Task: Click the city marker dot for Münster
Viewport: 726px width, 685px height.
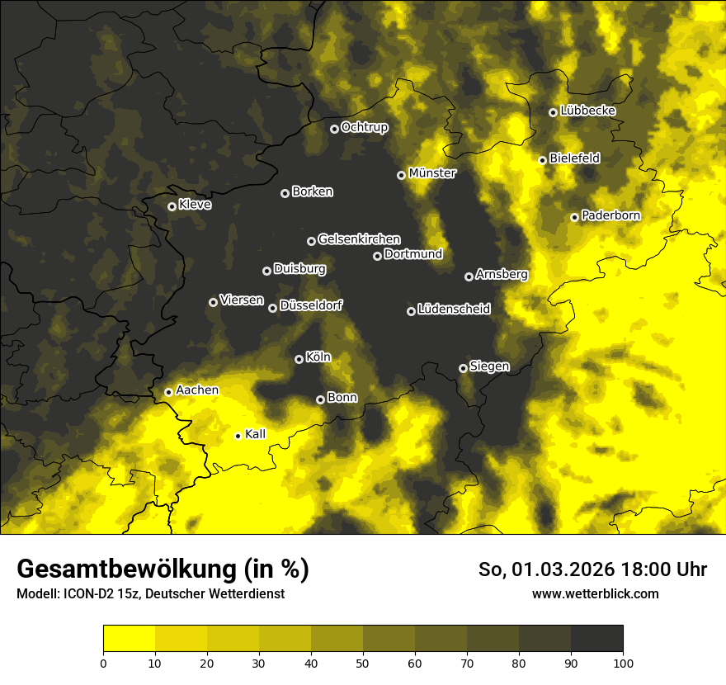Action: pyautogui.click(x=401, y=175)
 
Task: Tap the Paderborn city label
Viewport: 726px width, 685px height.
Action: pyautogui.click(x=610, y=215)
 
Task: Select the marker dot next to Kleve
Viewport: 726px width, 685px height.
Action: pyautogui.click(x=172, y=206)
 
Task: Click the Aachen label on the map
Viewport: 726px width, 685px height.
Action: pyautogui.click(x=197, y=390)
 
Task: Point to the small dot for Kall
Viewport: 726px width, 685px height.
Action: pyautogui.click(x=238, y=436)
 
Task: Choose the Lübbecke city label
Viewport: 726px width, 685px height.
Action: pyautogui.click(x=587, y=111)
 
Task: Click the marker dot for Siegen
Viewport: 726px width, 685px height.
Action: pyautogui.click(x=463, y=368)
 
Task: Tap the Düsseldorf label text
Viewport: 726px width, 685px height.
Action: pyautogui.click(x=311, y=305)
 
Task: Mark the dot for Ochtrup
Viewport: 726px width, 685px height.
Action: pyautogui.click(x=334, y=129)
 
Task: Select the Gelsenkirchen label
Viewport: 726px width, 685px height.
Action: pyautogui.click(x=359, y=239)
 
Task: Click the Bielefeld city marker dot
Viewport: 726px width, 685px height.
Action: pyautogui.click(x=542, y=160)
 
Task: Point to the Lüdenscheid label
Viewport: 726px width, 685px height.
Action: pyautogui.click(x=454, y=309)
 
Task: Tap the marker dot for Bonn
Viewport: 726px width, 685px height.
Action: pyautogui.click(x=320, y=399)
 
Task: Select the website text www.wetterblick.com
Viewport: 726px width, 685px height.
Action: pyautogui.click(x=595, y=594)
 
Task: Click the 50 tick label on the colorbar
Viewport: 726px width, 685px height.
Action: pyautogui.click(x=363, y=662)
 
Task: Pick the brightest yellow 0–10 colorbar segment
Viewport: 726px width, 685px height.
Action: pyautogui.click(x=129, y=639)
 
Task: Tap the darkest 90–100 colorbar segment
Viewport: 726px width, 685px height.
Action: pyautogui.click(x=596, y=639)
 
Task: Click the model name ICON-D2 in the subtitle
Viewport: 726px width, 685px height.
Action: pyautogui.click(x=86, y=594)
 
